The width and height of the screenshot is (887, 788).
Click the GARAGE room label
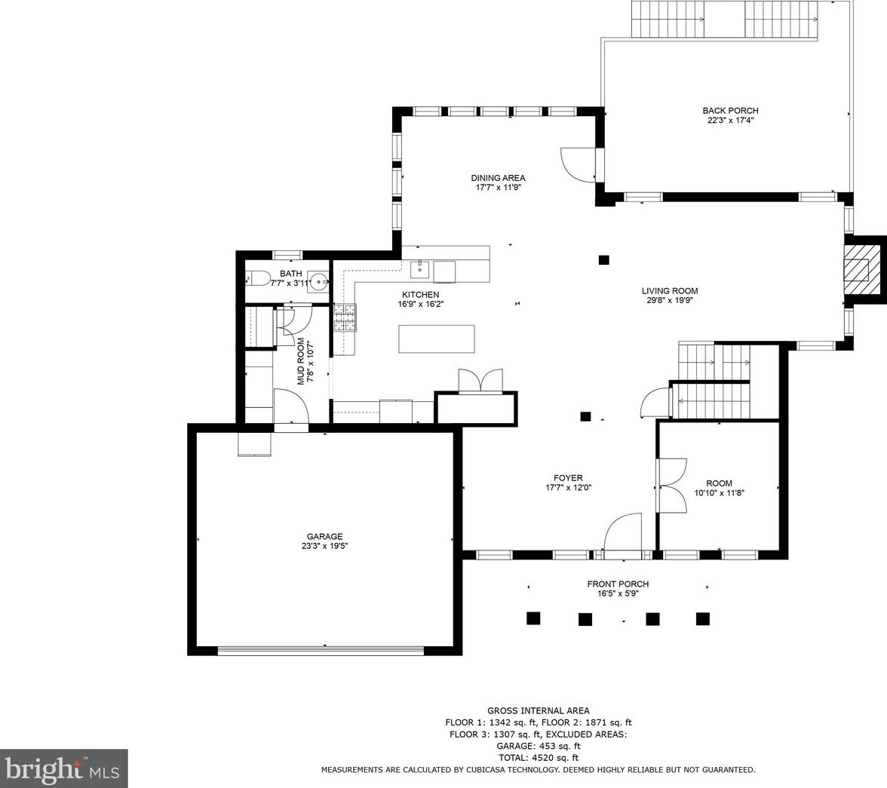pyautogui.click(x=324, y=536)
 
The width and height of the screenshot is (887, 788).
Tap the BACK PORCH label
pyautogui.click(x=730, y=110)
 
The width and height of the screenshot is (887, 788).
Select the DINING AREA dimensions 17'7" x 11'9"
pyautogui.click(x=498, y=188)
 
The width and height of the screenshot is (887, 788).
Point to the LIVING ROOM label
pyautogui.click(x=670, y=291)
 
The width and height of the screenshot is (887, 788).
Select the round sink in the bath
pyautogui.click(x=320, y=280)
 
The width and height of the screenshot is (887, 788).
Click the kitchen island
pyautogui.click(x=437, y=339)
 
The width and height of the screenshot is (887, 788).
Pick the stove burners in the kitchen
pyautogui.click(x=345, y=317)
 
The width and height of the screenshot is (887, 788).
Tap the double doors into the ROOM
pyautogui.click(x=672, y=486)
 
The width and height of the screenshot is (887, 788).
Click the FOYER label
pyautogui.click(x=568, y=478)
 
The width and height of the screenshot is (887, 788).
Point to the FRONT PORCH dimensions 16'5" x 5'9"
pyautogui.click(x=618, y=593)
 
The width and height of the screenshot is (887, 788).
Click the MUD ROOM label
pyautogui.click(x=301, y=361)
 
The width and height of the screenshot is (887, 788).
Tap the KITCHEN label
pyautogui.click(x=420, y=295)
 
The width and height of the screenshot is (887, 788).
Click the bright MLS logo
pyautogui.click(x=63, y=768)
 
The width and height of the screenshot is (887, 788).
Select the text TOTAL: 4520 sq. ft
pyautogui.click(x=538, y=757)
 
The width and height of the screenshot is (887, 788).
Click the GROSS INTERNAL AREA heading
pyautogui.click(x=538, y=710)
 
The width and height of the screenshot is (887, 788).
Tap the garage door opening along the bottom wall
pyautogui.click(x=321, y=651)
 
